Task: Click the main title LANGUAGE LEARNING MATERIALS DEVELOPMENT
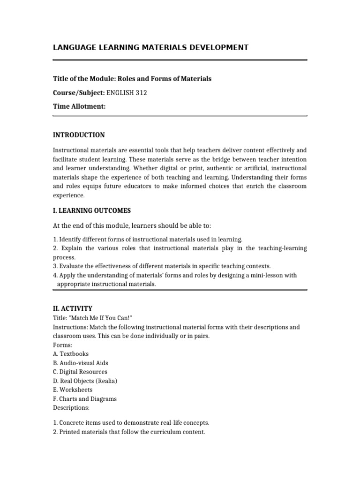[x=150, y=47]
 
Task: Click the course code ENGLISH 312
[x=127, y=93]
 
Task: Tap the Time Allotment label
[x=79, y=107]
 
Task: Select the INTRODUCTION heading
[x=79, y=135]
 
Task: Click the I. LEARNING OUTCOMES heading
[x=92, y=210]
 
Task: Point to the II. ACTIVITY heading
[x=73, y=308]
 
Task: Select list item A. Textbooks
[x=71, y=354]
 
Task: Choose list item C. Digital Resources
[x=80, y=372]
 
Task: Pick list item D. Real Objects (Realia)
[x=85, y=381]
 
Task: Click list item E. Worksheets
[x=73, y=390]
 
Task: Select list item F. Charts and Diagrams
[x=85, y=399]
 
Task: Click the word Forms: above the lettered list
[x=60, y=345]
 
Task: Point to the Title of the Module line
[x=132, y=79]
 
